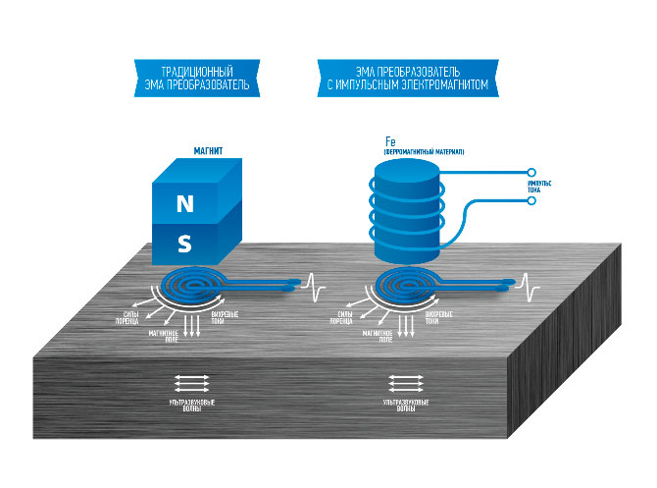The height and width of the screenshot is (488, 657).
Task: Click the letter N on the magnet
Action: (184, 204)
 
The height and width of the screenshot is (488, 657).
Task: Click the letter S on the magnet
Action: (184, 242)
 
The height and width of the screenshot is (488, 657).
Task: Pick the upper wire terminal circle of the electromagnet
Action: (531, 169)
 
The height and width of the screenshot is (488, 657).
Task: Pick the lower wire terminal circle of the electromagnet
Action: (531, 200)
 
